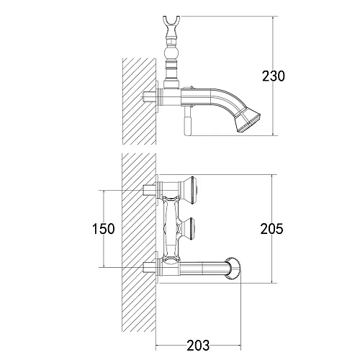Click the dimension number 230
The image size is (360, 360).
click(274, 76)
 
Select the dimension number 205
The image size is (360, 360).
click(272, 229)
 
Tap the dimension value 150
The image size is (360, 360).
click(104, 229)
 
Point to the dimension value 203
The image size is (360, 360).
click(198, 346)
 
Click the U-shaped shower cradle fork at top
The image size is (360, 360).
click(171, 23)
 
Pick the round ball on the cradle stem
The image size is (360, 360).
click(171, 53)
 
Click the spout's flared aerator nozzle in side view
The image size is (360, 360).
click(248, 122)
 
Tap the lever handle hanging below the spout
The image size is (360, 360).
click(187, 122)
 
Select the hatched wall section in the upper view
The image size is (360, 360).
click(139, 102)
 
